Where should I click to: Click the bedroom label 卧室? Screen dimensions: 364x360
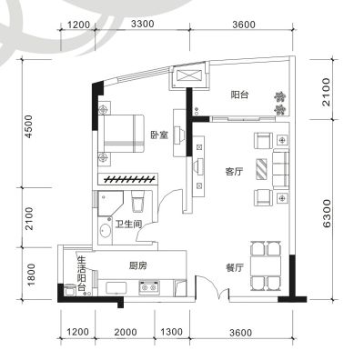[159, 135]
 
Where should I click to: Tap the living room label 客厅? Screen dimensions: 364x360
[234, 172]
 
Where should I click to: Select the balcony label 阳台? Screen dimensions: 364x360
[239, 95]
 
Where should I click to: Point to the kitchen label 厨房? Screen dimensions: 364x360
[138, 265]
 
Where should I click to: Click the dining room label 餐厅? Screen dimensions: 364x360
[235, 267]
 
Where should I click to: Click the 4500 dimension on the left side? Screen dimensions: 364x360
[28, 126]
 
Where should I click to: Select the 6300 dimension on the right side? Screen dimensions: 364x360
[327, 213]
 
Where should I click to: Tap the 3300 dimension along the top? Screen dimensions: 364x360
[143, 24]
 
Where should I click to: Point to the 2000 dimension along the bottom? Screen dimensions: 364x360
[126, 332]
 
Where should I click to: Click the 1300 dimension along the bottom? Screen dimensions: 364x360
[171, 332]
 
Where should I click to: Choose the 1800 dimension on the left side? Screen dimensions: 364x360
[31, 275]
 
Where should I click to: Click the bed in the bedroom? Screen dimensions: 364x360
[123, 134]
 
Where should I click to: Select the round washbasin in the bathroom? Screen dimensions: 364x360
[106, 231]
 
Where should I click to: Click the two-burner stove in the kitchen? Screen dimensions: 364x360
[149, 287]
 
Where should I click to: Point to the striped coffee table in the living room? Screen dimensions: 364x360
[262, 168]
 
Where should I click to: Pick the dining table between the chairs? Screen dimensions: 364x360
[266, 265]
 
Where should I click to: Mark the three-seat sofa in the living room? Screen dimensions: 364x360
[281, 168]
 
